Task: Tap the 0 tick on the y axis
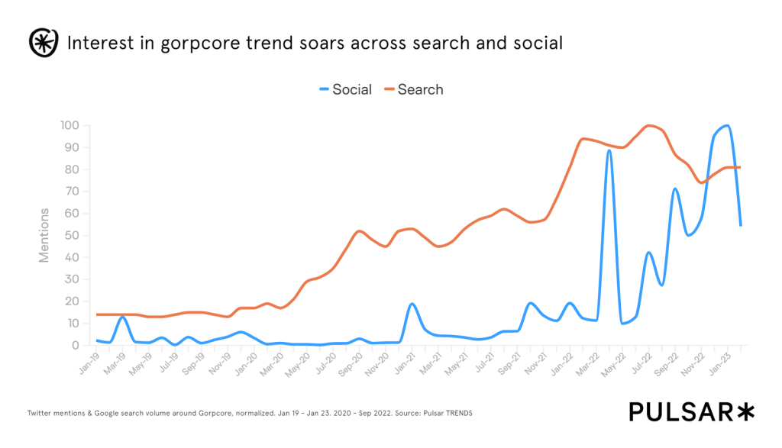[76, 345]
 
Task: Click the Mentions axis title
[44, 235]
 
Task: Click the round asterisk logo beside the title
[44, 43]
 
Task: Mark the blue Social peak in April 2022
[609, 150]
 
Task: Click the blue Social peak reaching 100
[727, 126]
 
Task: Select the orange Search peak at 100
[650, 126]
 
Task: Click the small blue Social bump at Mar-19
[123, 317]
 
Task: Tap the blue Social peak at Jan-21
[412, 304]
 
